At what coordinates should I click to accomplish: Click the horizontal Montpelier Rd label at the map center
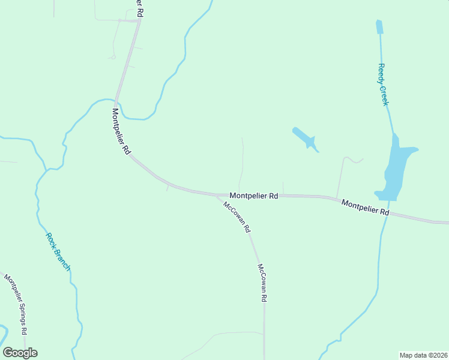pos(253,196)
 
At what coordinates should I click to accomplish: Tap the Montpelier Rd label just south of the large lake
pos(366,208)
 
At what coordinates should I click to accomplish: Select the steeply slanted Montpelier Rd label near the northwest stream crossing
pos(121,131)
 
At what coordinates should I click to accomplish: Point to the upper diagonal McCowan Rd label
pos(237,217)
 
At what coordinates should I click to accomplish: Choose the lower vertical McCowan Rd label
pos(262,282)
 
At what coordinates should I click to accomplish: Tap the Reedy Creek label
pos(383,85)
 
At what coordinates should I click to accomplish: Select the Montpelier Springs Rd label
pos(16,304)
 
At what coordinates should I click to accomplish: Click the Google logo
pos(20,353)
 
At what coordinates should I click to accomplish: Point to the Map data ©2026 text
pos(423,355)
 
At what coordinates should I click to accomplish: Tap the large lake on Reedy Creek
pos(396,168)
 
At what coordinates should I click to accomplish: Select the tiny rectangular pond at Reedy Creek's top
pos(379,27)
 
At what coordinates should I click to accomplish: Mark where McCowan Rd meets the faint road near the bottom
pos(264,333)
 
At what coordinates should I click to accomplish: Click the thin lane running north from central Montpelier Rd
pos(243,162)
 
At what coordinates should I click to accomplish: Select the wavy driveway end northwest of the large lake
pos(354,160)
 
